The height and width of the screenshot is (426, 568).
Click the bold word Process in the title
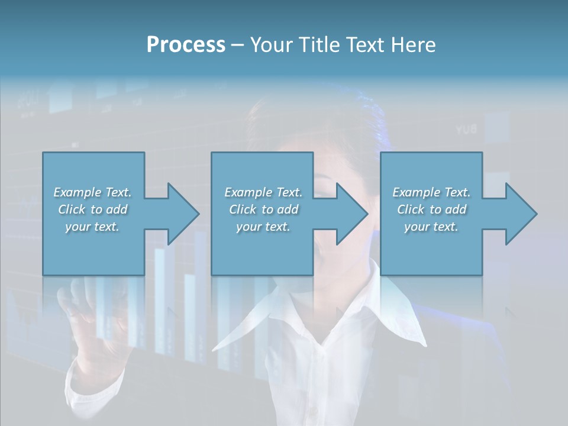click(x=186, y=45)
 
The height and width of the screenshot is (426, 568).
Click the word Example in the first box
click(x=77, y=192)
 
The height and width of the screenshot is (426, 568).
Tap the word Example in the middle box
click(x=248, y=192)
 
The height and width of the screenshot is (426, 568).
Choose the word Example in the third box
click(x=416, y=192)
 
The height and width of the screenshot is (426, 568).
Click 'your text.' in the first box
click(x=92, y=227)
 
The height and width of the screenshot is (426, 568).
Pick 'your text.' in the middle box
click(x=263, y=227)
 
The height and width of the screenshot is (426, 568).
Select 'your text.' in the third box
click(x=431, y=227)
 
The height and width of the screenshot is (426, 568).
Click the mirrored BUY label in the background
click(x=467, y=129)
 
